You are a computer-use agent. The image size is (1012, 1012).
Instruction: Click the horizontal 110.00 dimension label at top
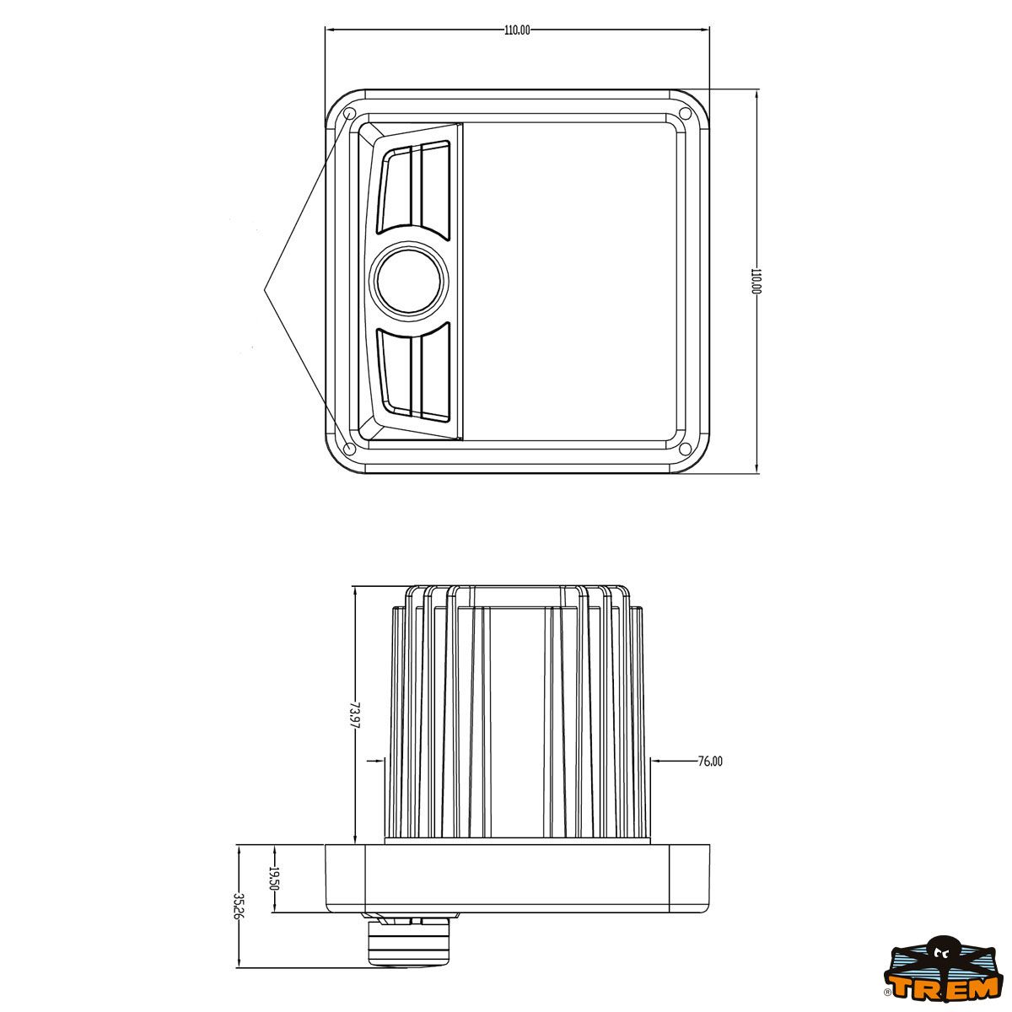517,30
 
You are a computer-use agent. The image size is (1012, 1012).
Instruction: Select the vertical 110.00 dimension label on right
756,281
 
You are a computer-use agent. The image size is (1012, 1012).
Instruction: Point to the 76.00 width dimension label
710,762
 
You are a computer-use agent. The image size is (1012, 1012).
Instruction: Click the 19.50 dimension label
273,879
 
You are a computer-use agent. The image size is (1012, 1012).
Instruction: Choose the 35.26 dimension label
239,907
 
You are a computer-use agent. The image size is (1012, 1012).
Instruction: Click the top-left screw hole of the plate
349,114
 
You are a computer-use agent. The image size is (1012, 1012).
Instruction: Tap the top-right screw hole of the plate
685,114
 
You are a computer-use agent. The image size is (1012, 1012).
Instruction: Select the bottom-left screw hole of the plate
349,448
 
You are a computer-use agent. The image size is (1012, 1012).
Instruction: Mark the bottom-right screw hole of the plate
685,448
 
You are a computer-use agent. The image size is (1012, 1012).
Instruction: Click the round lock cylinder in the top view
409,282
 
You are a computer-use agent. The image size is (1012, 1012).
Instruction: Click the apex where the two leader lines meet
265,289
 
